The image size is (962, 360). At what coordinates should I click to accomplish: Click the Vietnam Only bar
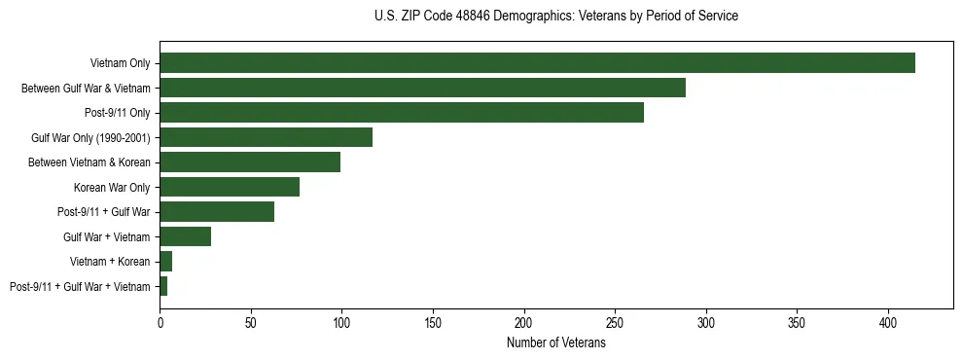[537, 63]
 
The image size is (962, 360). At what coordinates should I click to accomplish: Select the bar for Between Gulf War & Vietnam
[422, 88]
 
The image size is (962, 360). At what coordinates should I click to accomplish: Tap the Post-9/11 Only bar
[402, 113]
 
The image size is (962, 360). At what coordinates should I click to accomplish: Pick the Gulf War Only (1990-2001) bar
[266, 137]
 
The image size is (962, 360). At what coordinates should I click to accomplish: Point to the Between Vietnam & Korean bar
[250, 162]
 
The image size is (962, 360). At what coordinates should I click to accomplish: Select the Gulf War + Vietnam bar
[185, 236]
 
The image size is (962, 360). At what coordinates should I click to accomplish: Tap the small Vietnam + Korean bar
[165, 262]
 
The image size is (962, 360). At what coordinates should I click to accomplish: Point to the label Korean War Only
[112, 187]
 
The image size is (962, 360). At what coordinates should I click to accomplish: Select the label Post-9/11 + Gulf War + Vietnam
[80, 286]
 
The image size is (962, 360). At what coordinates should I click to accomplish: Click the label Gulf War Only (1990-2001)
[90, 137]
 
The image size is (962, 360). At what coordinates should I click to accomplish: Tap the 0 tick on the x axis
[160, 320]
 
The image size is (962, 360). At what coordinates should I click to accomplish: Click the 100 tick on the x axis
[341, 320]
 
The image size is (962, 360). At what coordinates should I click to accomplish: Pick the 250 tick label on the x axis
[615, 320]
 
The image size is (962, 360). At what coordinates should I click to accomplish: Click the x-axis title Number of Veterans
[555, 342]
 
